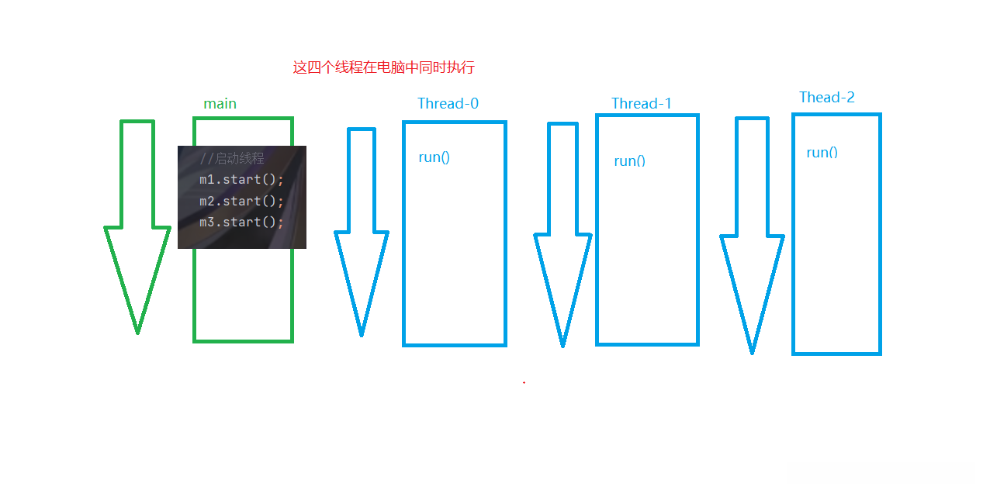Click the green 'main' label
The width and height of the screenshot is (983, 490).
pos(220,104)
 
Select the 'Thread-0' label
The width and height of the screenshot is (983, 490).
pos(448,104)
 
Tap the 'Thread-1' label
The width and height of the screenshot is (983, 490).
pos(641,104)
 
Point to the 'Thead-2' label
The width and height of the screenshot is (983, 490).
pos(827,98)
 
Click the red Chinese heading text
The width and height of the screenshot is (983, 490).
pos(384,67)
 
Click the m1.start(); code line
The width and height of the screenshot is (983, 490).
pos(241,179)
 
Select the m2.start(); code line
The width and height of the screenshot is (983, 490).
pos(241,201)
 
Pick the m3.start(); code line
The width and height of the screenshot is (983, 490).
pos(241,222)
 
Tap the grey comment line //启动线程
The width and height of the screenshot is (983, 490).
pos(232,158)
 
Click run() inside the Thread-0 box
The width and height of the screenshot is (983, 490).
pos(434,157)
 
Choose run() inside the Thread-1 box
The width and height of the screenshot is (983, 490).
pos(630,161)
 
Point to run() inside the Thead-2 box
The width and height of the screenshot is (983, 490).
pos(822,152)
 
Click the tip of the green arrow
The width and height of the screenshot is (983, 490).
pos(138,333)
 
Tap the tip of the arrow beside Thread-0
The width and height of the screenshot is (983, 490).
pos(362,336)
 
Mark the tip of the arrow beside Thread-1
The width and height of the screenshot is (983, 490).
pos(563,347)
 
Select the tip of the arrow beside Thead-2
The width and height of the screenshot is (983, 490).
pos(752,353)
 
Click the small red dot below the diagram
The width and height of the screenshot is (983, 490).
pos(524,382)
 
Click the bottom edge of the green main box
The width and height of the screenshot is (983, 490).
pos(243,341)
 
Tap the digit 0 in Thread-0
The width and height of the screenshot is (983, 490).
pos(474,104)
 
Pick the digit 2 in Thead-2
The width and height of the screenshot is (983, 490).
pos(850,98)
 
